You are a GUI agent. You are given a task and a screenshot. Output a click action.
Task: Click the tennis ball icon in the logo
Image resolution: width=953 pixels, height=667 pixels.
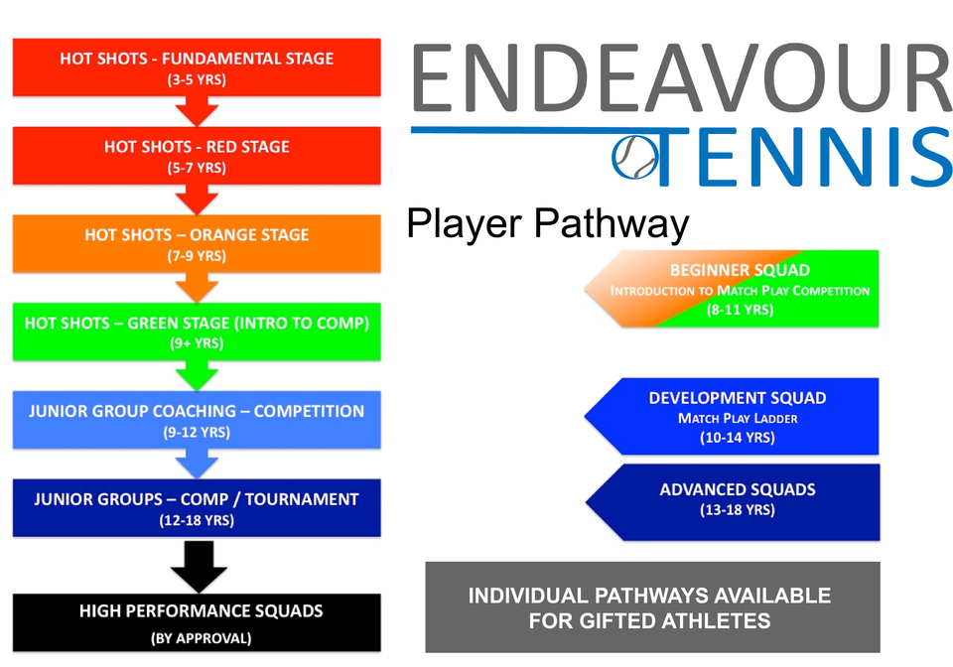(x=634, y=158)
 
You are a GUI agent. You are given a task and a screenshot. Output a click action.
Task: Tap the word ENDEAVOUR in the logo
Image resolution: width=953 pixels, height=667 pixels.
(x=682, y=77)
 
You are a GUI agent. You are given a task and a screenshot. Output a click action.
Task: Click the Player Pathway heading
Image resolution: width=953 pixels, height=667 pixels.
(x=548, y=224)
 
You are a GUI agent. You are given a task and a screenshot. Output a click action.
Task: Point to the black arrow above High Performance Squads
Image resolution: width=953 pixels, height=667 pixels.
(x=199, y=566)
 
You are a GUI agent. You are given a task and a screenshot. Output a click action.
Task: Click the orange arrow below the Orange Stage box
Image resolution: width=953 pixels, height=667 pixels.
(x=197, y=287)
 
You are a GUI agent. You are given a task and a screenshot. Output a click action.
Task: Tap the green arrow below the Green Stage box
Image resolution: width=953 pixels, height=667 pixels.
(x=197, y=375)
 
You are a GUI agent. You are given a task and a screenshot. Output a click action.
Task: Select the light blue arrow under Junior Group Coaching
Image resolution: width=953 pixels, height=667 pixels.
(x=197, y=464)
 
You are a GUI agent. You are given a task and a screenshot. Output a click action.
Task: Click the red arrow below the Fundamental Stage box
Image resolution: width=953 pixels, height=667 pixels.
(x=197, y=111)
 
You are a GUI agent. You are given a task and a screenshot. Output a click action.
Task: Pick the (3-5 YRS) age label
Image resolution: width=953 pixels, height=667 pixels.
(x=197, y=79)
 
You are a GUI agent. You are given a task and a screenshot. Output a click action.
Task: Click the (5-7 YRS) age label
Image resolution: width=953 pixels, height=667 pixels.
(x=197, y=168)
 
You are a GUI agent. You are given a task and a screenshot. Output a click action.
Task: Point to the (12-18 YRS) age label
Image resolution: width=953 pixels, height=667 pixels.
(x=197, y=520)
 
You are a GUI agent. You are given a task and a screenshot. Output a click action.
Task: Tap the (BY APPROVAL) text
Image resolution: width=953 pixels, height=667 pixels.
(x=202, y=638)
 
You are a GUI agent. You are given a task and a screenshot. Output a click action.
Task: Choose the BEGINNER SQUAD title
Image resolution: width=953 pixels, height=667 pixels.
(x=740, y=270)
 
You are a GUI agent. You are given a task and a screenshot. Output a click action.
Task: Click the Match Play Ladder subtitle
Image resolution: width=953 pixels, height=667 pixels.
(x=738, y=418)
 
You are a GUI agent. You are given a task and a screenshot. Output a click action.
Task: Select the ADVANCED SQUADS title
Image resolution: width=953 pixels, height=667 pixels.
(x=738, y=489)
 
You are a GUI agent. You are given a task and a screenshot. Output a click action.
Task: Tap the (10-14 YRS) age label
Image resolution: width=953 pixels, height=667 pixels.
(x=738, y=438)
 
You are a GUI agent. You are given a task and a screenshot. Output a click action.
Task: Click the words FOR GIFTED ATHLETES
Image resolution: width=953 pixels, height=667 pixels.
(x=649, y=620)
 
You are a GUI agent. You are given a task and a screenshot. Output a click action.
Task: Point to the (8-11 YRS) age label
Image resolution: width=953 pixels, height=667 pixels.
(x=740, y=310)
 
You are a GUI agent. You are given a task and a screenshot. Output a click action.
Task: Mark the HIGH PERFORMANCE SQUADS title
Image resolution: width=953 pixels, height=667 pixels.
(x=202, y=610)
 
